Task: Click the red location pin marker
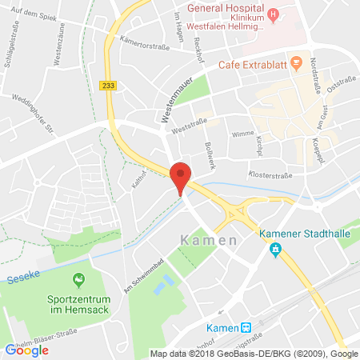(x=182, y=175)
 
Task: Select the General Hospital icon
(x=274, y=14)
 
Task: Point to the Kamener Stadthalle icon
(x=275, y=250)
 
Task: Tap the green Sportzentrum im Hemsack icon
(x=78, y=279)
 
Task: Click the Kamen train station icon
(x=246, y=326)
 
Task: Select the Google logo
(x=26, y=350)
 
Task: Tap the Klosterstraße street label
(x=270, y=174)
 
